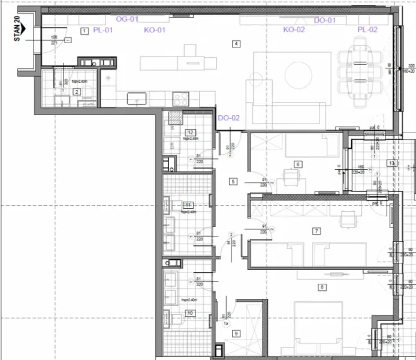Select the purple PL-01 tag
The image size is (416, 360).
click(x=103, y=29)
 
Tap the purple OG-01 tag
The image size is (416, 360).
click(x=126, y=19)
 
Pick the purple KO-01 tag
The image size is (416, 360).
click(x=155, y=29)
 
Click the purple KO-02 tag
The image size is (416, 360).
click(x=294, y=29)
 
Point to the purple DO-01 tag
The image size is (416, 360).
click(x=325, y=20)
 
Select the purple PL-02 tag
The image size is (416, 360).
click(x=367, y=29)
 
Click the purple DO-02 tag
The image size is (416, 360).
click(x=228, y=118)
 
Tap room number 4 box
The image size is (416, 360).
click(x=237, y=44)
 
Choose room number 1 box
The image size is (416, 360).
click(x=84, y=30)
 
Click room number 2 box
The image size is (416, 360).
click(x=76, y=92)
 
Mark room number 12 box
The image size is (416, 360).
click(x=190, y=133)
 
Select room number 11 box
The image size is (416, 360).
click(x=188, y=205)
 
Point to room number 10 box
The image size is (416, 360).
click(x=190, y=313)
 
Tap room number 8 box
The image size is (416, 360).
click(x=322, y=287)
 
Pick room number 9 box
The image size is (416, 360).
click(x=236, y=334)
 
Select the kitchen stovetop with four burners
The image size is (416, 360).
click(x=180, y=97)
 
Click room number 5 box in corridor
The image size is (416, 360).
click(x=233, y=181)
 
